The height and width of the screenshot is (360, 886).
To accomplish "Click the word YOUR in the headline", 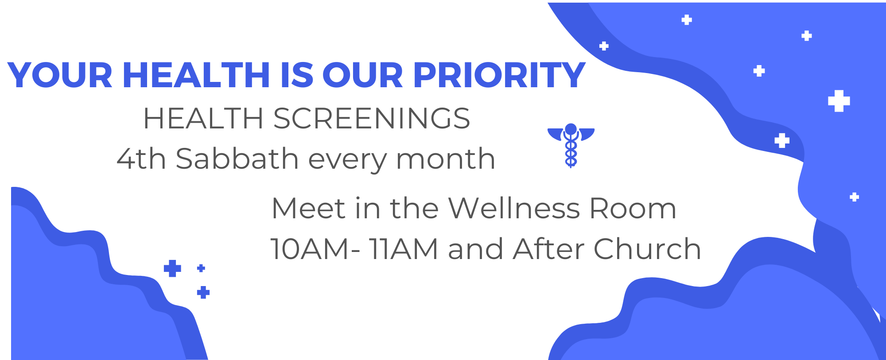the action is pyautogui.click(x=60, y=75).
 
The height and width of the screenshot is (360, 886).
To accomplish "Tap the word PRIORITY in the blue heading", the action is pyautogui.click(x=499, y=75).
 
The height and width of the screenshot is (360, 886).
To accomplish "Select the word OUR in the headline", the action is pyautogui.click(x=362, y=75).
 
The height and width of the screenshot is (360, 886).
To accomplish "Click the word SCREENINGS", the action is pyautogui.click(x=371, y=119).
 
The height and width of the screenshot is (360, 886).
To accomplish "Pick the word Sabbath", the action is pyautogui.click(x=237, y=159).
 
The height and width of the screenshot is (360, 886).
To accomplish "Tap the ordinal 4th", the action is pyautogui.click(x=141, y=159).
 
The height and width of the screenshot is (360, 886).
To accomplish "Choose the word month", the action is pyautogui.click(x=446, y=159).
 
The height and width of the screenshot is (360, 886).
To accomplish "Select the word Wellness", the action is pyautogui.click(x=514, y=208).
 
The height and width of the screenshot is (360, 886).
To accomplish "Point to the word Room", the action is pyautogui.click(x=633, y=209).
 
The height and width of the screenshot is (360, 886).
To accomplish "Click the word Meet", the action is pyautogui.click(x=308, y=208).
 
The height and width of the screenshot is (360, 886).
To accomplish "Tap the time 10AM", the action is pyautogui.click(x=310, y=249).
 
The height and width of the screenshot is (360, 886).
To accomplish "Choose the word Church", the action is pyautogui.click(x=647, y=248).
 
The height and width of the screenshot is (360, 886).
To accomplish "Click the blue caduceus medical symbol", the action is pyautogui.click(x=571, y=145).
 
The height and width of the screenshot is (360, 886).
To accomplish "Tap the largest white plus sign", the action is pyautogui.click(x=839, y=101).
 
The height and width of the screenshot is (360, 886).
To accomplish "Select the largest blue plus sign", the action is pyautogui.click(x=172, y=268).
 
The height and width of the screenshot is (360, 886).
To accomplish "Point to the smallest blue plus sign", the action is pyautogui.click(x=201, y=268).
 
